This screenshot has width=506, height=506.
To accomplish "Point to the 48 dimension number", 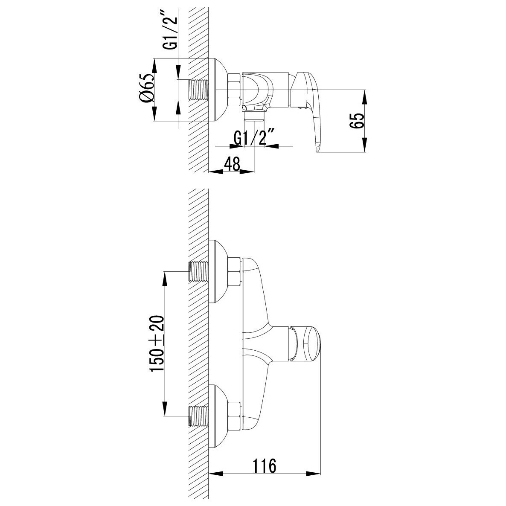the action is tap(233, 164).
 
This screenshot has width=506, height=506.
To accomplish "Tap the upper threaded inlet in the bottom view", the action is tap(198, 271).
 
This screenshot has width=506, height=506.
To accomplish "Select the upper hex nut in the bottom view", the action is tap(234, 271).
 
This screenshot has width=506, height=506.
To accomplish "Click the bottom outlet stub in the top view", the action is tap(254, 116).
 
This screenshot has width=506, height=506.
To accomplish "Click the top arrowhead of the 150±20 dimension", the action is tap(165, 279).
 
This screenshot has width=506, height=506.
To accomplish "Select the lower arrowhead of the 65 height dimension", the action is tap(365, 145).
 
